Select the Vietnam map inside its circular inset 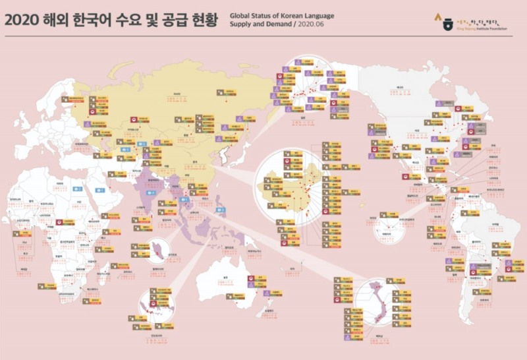tap(379, 300)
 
